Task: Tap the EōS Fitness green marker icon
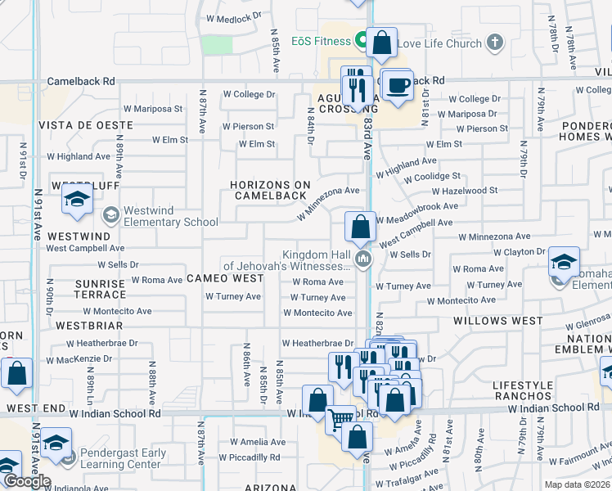click(361, 40)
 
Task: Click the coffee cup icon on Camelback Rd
click(398, 85)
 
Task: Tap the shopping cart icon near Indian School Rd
click(340, 421)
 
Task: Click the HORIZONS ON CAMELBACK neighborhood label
click(270, 190)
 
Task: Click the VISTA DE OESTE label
click(85, 124)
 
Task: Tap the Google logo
click(26, 481)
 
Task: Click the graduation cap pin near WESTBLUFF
click(78, 200)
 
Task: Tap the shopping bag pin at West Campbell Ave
click(360, 227)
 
